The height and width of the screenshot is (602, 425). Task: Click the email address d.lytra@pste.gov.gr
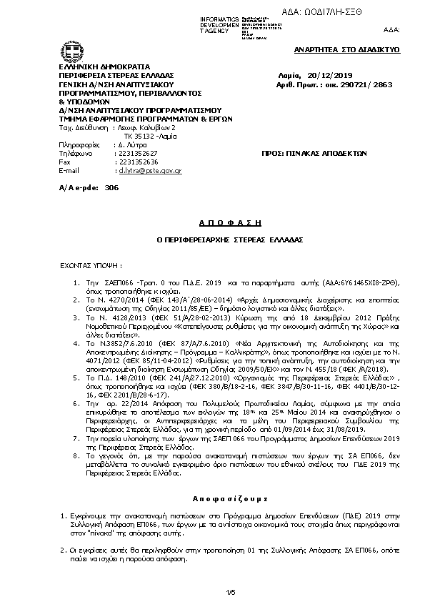pos(150,171)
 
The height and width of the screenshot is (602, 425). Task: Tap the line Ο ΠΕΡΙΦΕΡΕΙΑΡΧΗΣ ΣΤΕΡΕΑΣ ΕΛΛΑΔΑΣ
pos(211,240)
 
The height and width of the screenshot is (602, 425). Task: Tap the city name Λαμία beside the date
pos(287,74)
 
